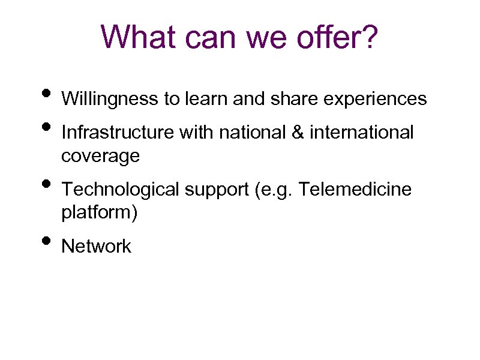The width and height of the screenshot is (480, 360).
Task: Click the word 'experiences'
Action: click(x=375, y=98)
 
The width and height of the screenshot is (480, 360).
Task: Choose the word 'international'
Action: click(x=362, y=132)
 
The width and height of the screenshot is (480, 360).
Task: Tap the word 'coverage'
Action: click(x=100, y=156)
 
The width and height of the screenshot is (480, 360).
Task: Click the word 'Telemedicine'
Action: click(x=355, y=190)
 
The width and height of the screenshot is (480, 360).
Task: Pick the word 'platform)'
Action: click(x=100, y=213)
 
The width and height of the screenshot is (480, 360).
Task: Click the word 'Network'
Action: click(x=96, y=247)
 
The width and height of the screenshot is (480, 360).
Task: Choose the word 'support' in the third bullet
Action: click(x=217, y=191)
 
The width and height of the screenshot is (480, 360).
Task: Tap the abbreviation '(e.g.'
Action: click(x=274, y=191)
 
